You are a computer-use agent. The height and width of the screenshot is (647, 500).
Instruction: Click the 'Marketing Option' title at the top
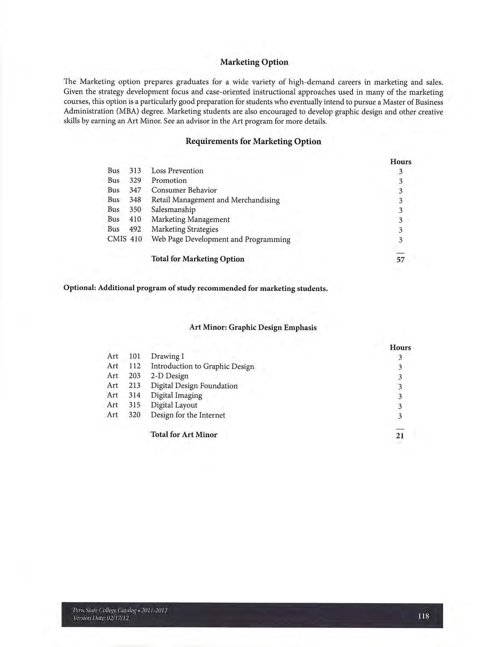[254, 62]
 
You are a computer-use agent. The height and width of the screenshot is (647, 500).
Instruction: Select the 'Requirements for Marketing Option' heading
[253, 142]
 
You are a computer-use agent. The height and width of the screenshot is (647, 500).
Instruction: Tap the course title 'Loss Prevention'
[177, 171]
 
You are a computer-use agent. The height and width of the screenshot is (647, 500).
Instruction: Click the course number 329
[135, 180]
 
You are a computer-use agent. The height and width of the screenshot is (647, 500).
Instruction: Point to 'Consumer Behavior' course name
[184, 190]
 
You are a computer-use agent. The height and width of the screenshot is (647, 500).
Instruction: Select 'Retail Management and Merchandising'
[215, 200]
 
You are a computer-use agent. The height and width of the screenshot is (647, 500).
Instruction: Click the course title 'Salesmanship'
[173, 210]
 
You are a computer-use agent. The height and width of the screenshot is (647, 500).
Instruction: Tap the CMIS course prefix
[117, 239]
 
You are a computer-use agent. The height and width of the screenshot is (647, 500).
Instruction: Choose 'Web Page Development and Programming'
[221, 239]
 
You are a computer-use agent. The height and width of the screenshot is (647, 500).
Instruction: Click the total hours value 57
[400, 260]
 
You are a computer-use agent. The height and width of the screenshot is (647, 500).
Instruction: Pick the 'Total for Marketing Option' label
[198, 259]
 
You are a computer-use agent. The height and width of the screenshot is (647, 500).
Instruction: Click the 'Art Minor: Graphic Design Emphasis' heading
[253, 327]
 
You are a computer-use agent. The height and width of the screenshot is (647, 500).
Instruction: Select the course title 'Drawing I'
[167, 356]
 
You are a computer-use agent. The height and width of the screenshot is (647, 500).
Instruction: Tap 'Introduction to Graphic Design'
[202, 366]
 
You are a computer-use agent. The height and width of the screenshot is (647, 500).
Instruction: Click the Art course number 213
[135, 386]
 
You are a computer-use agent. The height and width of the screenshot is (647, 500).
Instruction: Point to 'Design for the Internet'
[188, 415]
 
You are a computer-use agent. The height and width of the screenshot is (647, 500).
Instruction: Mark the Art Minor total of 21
[400, 435]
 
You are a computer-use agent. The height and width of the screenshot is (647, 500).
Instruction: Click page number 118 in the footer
[424, 616]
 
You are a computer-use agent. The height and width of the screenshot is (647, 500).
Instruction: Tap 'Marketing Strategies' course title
[185, 229]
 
